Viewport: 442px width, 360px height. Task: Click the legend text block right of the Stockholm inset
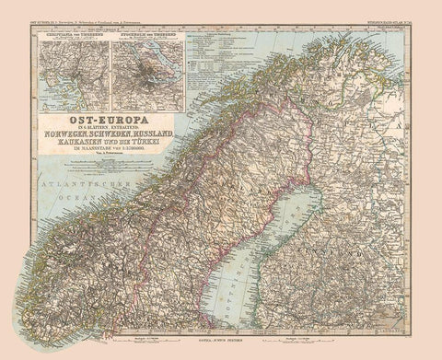tap(206, 55)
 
